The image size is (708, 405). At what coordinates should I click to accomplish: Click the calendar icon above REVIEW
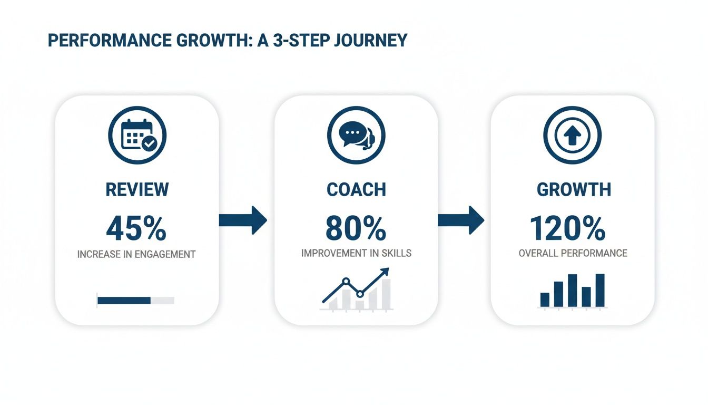[137, 136]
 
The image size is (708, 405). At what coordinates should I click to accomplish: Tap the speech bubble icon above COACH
[356, 136]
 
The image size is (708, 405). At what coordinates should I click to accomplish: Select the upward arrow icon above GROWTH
[572, 136]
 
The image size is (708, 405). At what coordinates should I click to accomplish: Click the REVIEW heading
[137, 189]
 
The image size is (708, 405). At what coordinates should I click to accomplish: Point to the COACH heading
[356, 189]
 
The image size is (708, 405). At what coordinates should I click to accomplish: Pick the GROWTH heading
[573, 189]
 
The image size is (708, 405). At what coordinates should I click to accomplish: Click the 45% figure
[136, 228]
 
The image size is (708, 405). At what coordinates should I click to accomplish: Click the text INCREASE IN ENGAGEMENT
[136, 254]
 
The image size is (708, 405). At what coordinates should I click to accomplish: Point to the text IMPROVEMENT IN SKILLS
[356, 253]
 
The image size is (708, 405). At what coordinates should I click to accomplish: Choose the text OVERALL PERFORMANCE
[573, 253]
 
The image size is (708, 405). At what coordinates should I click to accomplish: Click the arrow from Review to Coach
[243, 220]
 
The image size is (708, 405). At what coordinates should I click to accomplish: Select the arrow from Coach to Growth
[461, 220]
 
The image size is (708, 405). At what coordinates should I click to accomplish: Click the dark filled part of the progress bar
[124, 301]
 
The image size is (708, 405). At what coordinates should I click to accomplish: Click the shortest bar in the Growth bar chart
[545, 300]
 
